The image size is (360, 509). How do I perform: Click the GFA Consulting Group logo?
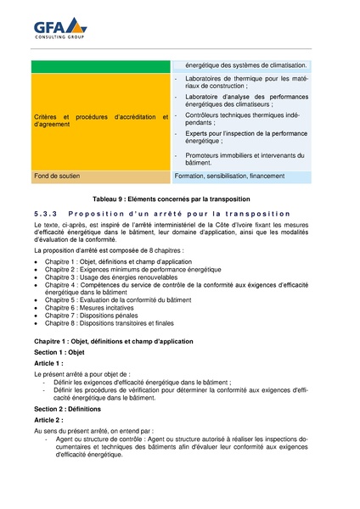click(60, 30)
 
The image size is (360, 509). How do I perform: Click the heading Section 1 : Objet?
click(59, 351)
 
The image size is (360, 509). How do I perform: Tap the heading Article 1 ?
click(48, 362)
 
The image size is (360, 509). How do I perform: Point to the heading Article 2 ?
click(48, 420)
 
